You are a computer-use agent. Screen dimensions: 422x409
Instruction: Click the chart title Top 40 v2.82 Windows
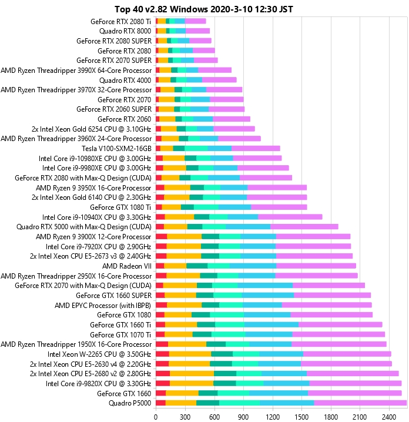click(x=204, y=8)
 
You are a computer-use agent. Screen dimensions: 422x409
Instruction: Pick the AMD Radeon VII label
click(x=127, y=266)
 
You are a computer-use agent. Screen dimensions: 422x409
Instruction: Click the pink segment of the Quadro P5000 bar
click(x=360, y=403)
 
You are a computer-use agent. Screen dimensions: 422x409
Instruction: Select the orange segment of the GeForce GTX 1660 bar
click(x=182, y=393)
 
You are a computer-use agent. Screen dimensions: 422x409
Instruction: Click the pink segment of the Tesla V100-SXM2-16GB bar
click(x=256, y=148)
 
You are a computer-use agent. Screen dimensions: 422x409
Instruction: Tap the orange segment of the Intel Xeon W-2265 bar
click(x=190, y=354)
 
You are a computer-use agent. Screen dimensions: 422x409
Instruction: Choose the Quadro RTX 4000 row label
click(x=125, y=80)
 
